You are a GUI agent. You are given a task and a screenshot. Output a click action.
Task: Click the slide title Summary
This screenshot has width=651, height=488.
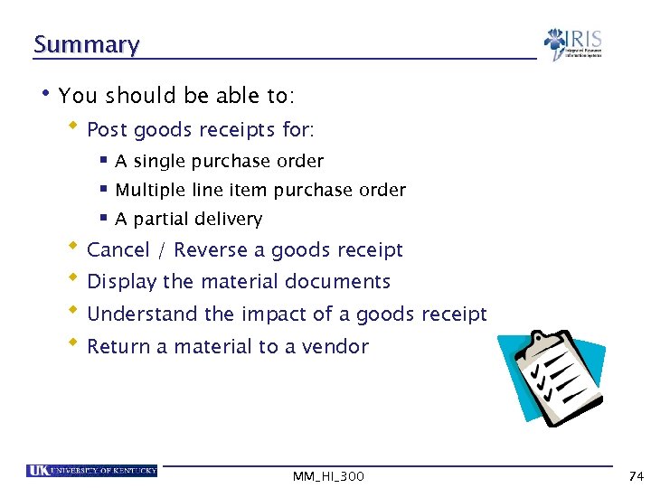pos(86,44)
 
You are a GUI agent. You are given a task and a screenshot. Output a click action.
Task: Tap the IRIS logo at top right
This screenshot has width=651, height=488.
pos(572,44)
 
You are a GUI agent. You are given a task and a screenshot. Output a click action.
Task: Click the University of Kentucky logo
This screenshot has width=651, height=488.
pos(92,470)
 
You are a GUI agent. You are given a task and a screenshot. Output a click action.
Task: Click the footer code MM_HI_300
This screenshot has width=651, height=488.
pos(328,476)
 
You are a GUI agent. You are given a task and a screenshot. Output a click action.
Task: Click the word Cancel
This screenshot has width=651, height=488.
pos(118,250)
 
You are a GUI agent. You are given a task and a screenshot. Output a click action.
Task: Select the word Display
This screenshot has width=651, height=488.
pos(121,282)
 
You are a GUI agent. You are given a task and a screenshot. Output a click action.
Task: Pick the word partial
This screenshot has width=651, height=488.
pos(161,220)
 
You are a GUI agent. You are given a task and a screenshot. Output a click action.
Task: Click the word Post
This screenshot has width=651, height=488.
pos(107,130)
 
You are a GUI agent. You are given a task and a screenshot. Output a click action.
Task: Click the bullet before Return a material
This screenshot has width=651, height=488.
pos(73,344)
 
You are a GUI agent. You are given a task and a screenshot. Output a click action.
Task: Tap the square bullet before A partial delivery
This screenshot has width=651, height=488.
pos(103,218)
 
